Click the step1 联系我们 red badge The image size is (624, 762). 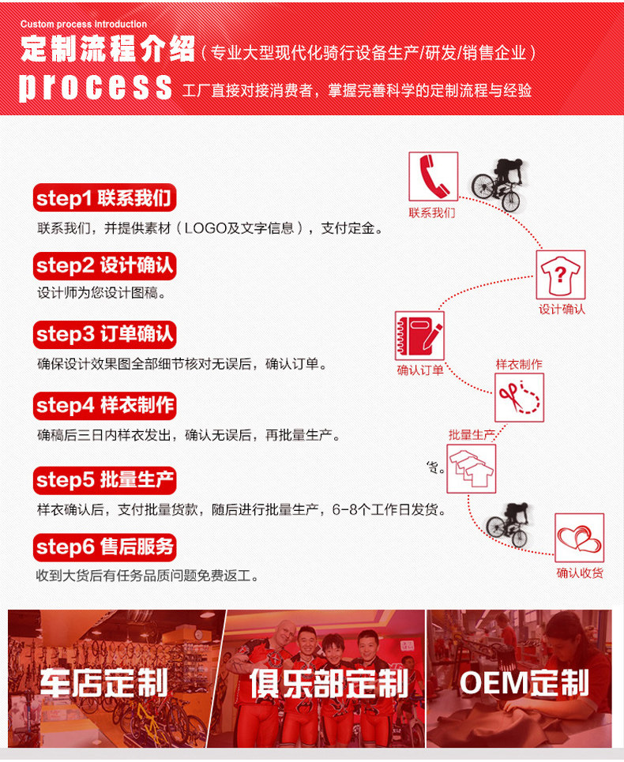(104, 197)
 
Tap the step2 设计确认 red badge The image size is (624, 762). (104, 266)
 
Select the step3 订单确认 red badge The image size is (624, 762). (104, 334)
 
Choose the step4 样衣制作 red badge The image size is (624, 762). (104, 405)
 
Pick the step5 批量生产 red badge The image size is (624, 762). (104, 480)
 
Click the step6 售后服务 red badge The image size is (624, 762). (104, 547)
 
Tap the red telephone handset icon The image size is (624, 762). (434, 176)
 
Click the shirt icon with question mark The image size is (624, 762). (561, 275)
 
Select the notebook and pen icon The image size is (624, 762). (419, 336)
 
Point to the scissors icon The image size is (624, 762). (519, 397)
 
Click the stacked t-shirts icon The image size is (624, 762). (472, 468)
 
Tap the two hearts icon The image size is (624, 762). (579, 538)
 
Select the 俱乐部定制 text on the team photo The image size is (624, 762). (329, 683)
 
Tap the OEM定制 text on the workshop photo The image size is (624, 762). (524, 683)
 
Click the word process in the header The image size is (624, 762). (96, 87)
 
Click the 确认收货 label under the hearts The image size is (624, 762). (580, 573)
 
